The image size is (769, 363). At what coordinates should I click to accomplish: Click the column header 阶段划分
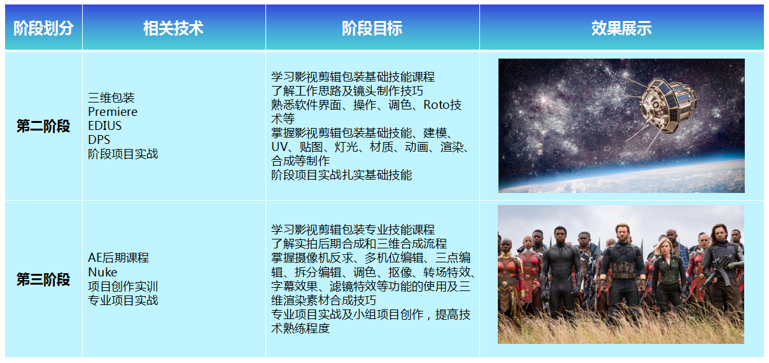coord(43,28)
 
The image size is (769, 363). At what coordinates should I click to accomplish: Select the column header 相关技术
coord(173,28)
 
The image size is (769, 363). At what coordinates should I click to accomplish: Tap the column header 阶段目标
coord(372,28)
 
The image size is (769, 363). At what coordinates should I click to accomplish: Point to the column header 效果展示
coord(621,28)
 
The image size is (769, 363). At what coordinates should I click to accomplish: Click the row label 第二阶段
coord(43,126)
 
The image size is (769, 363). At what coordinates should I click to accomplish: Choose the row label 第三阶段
coord(43,279)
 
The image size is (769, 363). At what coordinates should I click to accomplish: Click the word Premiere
coord(113,111)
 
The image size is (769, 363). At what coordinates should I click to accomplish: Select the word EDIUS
coord(104,125)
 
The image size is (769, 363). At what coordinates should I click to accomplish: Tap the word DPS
coord(99,139)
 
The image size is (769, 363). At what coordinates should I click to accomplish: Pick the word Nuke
coord(102,272)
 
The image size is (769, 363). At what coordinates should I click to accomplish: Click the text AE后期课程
coord(118,257)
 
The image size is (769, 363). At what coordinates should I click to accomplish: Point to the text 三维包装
coord(111,97)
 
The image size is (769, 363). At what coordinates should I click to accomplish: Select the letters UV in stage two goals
coord(279,147)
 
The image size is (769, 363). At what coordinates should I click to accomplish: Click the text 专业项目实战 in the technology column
coord(123,300)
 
